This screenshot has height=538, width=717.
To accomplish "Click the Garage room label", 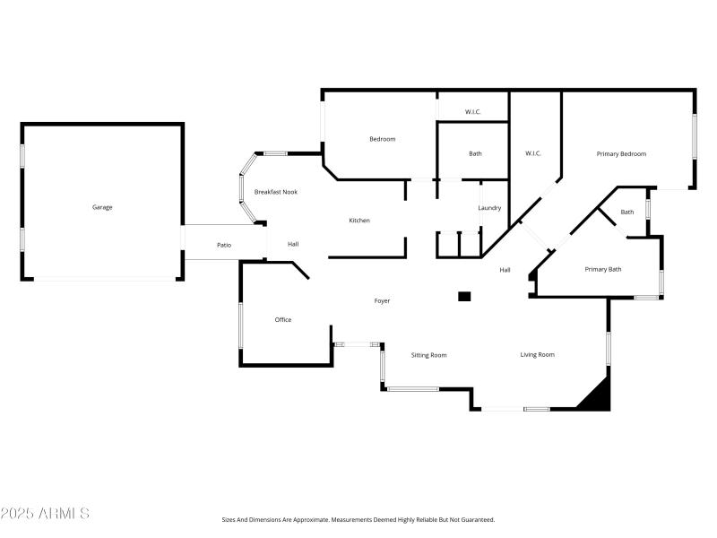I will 102,207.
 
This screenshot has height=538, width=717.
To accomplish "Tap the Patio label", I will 224,245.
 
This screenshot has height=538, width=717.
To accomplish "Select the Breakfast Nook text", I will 276,192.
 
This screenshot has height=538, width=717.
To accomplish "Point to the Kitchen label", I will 359,221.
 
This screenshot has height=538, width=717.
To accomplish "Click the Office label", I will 283,320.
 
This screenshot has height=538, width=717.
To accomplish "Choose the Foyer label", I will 382,301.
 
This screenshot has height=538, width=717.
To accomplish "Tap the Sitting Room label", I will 428,355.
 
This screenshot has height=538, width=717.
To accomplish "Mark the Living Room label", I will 538,355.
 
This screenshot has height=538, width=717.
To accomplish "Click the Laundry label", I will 489,208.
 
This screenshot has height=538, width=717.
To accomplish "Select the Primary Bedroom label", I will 621,154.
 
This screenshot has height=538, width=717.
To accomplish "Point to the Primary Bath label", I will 603,269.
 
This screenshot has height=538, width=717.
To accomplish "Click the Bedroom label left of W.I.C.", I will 383,139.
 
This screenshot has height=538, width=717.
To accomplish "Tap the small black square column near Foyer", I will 464,296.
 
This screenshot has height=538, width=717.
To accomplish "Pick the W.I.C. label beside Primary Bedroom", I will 533,153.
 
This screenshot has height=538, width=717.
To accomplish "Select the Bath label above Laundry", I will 475,153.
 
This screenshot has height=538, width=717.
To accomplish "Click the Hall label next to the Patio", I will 293,244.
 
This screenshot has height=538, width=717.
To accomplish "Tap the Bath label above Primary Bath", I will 627,213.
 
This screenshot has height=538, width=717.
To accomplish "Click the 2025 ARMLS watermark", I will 45,514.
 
